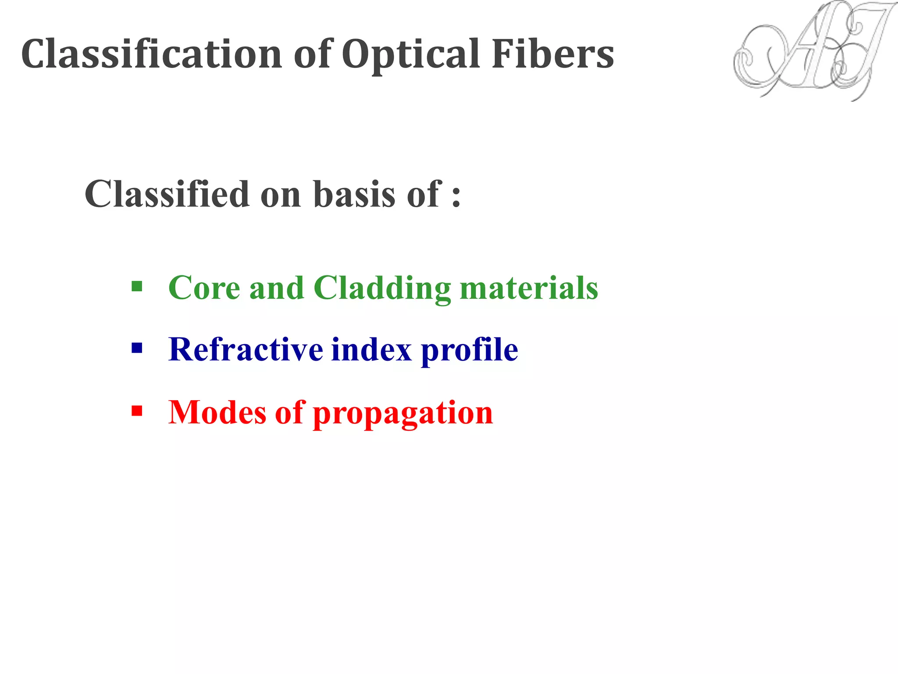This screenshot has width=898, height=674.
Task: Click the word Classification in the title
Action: (151, 54)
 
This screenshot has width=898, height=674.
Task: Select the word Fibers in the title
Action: (552, 54)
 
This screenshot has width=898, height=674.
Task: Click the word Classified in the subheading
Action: (167, 194)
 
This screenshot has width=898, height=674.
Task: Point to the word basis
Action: (354, 194)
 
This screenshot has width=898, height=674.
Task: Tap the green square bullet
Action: (137, 287)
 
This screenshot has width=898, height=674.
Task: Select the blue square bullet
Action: (137, 349)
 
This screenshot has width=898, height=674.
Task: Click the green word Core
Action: (204, 288)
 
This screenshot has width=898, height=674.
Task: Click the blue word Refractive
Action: (246, 350)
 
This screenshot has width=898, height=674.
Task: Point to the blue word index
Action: (371, 350)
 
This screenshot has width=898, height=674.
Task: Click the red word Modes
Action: (217, 412)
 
